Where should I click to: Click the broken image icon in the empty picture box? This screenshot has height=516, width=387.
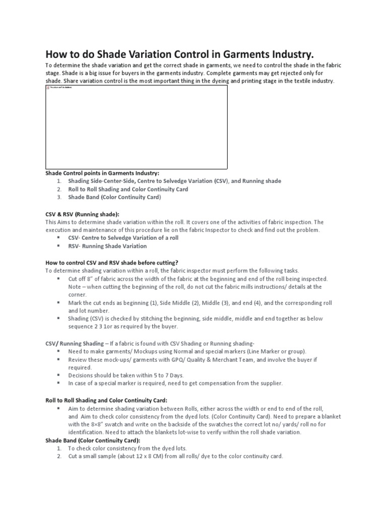tap(48, 88)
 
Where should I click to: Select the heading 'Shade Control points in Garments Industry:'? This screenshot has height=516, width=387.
tap(102, 173)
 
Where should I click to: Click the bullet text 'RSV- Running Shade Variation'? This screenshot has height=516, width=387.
tap(107, 246)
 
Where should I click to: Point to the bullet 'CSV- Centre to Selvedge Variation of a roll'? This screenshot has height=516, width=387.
tap(123, 238)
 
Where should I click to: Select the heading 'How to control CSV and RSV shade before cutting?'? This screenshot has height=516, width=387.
tap(112, 263)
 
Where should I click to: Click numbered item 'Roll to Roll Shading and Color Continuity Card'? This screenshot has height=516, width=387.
tap(128, 189)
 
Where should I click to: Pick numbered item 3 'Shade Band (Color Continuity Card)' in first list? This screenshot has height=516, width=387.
tap(114, 197)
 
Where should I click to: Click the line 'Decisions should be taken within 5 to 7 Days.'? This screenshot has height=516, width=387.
tap(126, 375)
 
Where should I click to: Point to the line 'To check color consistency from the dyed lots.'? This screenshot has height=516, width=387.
tap(127, 448)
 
